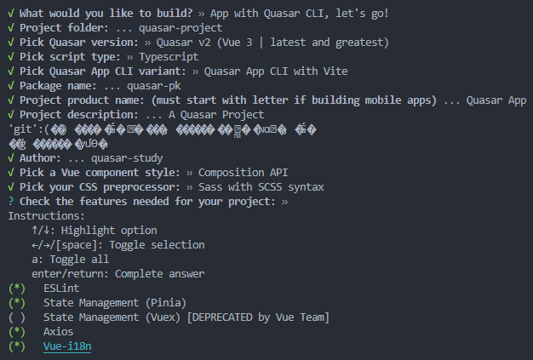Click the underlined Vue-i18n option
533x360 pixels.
tap(67, 346)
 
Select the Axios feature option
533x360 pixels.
tap(59, 331)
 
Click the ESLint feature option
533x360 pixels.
tap(61, 289)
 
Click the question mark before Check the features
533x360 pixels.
tap(9, 201)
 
